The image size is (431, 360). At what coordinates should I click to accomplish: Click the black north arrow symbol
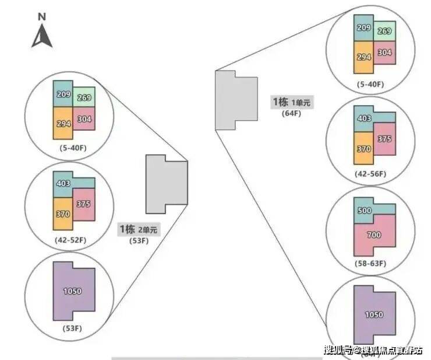tap(42, 37)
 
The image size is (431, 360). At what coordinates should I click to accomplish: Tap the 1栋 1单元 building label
tap(292, 102)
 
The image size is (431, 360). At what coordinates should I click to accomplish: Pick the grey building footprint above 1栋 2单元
tap(166, 183)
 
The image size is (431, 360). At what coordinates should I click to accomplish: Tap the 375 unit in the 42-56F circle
tap(384, 139)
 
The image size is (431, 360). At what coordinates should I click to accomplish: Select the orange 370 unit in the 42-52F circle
tap(63, 214)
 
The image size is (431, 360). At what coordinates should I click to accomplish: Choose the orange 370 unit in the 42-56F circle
tap(363, 150)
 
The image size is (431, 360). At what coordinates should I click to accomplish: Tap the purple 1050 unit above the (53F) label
tap(73, 291)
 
